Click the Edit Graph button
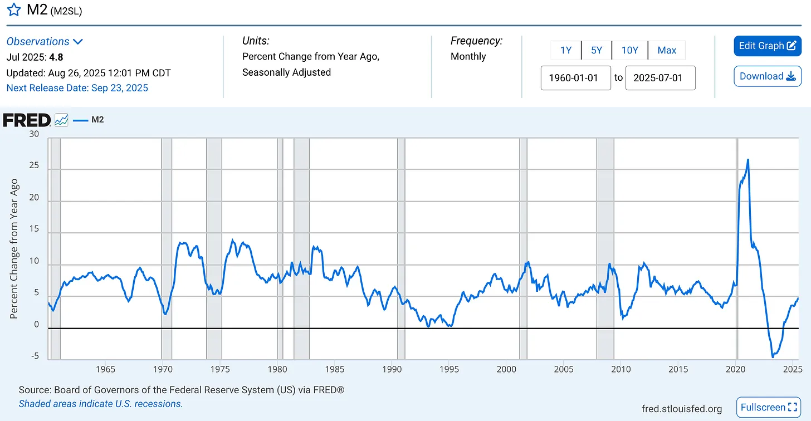[x=767, y=46]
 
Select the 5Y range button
[x=596, y=50]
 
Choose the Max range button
[x=667, y=50]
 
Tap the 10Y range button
[x=629, y=50]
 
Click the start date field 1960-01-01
[x=576, y=78]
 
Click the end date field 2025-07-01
[x=660, y=78]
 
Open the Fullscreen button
[x=769, y=408]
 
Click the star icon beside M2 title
[x=13, y=11]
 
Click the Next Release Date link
[x=77, y=88]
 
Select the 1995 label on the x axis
[x=449, y=369]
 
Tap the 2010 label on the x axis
[x=621, y=369]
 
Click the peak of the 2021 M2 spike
[x=748, y=160]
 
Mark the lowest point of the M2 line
[x=773, y=356]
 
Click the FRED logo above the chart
[x=27, y=120]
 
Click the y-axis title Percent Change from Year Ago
[x=14, y=248]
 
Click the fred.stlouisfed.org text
[x=682, y=409]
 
